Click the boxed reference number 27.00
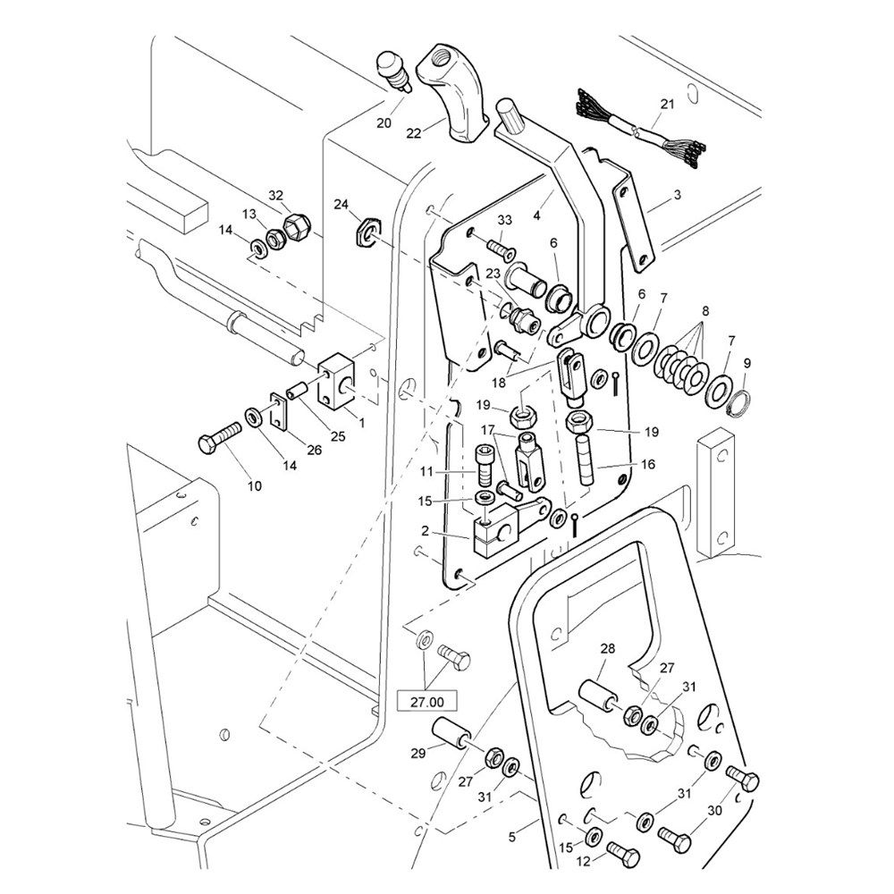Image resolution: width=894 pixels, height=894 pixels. pos(427,702)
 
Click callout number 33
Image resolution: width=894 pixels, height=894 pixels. pos(505,220)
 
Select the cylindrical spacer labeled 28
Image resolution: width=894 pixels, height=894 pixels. pos(598,696)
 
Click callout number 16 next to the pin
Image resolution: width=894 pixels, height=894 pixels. pos(647,465)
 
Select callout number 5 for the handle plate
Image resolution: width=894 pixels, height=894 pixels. pos(512,838)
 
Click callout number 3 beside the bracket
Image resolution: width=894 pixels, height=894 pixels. pos(677,193)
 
